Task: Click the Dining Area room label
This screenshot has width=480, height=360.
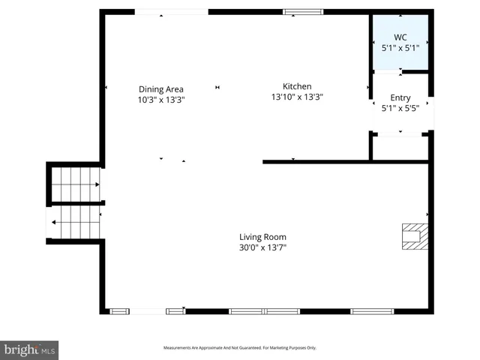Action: pos(160,89)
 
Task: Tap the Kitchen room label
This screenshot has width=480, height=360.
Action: pos(296,86)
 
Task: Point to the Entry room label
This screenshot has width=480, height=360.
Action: pos(400,97)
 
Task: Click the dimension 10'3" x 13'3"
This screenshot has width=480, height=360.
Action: pos(160,99)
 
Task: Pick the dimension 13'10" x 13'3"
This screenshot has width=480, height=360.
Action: pos(296,96)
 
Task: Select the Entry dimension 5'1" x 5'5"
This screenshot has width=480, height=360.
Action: pos(400,107)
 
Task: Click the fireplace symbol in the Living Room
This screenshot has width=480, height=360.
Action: pos(413,235)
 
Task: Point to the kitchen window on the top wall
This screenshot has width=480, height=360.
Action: pos(303,11)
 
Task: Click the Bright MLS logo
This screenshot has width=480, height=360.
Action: pos(29,350)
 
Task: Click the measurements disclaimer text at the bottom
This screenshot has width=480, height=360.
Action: pos(240,348)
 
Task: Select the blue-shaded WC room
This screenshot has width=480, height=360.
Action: pos(400,43)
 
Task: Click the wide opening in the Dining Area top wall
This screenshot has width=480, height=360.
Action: pos(171,11)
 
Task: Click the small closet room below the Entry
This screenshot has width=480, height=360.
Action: pos(400,148)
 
